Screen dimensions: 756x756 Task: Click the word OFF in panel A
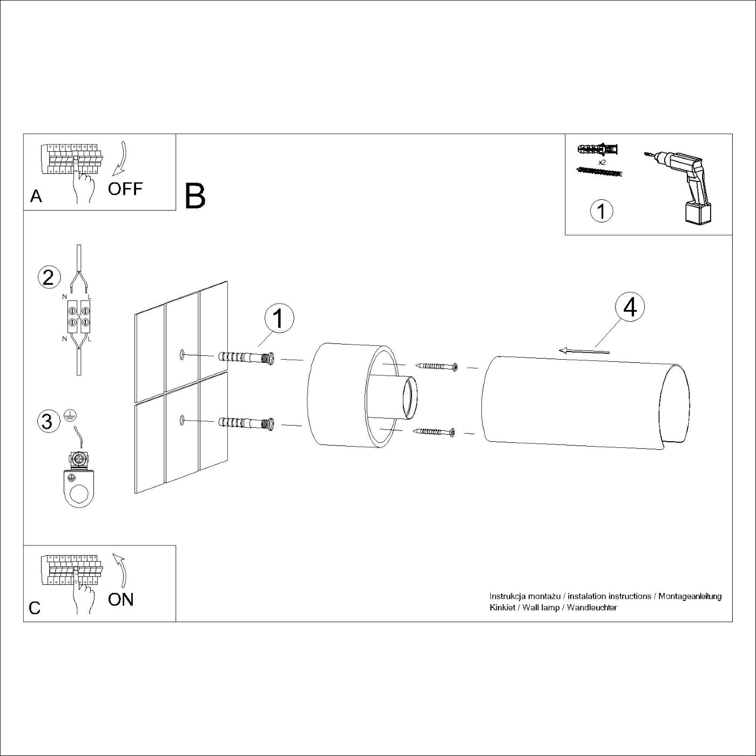point(125,189)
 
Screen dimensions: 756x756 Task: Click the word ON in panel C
point(120,599)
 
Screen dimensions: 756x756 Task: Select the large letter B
point(195,196)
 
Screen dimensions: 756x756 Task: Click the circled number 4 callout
point(630,307)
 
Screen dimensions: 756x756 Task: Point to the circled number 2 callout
point(48,278)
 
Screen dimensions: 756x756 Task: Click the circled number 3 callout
point(48,421)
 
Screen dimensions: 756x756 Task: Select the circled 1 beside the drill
point(602,211)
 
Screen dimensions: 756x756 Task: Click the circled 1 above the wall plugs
point(279,319)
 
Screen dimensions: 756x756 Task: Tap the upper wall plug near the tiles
point(246,357)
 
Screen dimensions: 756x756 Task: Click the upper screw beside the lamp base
point(437,367)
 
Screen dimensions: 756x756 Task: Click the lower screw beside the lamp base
point(435,431)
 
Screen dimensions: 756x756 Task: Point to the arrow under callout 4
point(584,351)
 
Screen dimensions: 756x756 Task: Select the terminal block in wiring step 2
point(78,316)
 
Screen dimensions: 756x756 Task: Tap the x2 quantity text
point(602,162)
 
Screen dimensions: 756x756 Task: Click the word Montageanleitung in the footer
point(690,596)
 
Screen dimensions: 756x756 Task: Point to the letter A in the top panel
point(36,197)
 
